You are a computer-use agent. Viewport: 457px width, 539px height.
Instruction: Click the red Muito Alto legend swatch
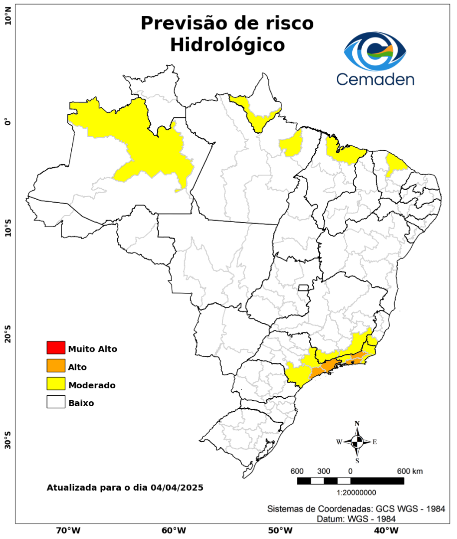(56, 347)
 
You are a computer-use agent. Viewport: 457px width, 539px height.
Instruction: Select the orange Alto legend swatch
(56, 366)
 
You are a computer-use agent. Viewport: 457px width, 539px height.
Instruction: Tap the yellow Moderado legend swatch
(56, 384)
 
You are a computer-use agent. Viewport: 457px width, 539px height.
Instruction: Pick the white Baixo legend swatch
(56, 402)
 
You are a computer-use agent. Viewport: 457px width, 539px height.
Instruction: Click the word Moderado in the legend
(92, 385)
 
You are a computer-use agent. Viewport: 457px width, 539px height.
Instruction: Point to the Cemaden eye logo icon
(375, 51)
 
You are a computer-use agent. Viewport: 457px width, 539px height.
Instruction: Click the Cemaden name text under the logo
(375, 79)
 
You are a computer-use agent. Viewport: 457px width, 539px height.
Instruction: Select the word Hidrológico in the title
(228, 45)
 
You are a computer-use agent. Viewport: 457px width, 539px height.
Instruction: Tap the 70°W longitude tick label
(68, 530)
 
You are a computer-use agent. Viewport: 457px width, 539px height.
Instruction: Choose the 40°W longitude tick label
(385, 530)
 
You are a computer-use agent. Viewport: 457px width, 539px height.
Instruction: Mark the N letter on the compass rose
(357, 424)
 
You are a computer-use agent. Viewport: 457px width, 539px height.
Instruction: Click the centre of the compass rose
(357, 442)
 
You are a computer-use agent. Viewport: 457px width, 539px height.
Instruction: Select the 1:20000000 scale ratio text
(357, 493)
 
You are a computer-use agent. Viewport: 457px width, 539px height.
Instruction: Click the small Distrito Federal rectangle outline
(303, 287)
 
